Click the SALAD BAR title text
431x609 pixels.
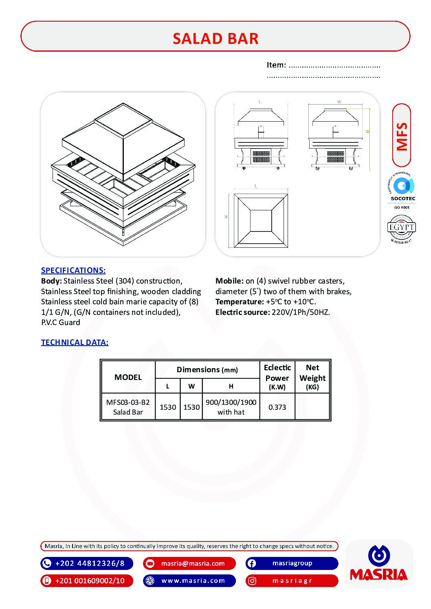[215, 39]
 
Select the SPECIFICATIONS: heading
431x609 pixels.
[73, 270]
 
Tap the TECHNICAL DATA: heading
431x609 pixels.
[75, 342]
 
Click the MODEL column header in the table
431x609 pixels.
[128, 377]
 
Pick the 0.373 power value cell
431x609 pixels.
[277, 407]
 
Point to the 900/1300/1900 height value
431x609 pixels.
[231, 402]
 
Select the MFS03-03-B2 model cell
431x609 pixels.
[128, 402]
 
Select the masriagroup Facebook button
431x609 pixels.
[292, 563]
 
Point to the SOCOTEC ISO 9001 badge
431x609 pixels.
[402, 191]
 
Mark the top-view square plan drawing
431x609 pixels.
[260, 220]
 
